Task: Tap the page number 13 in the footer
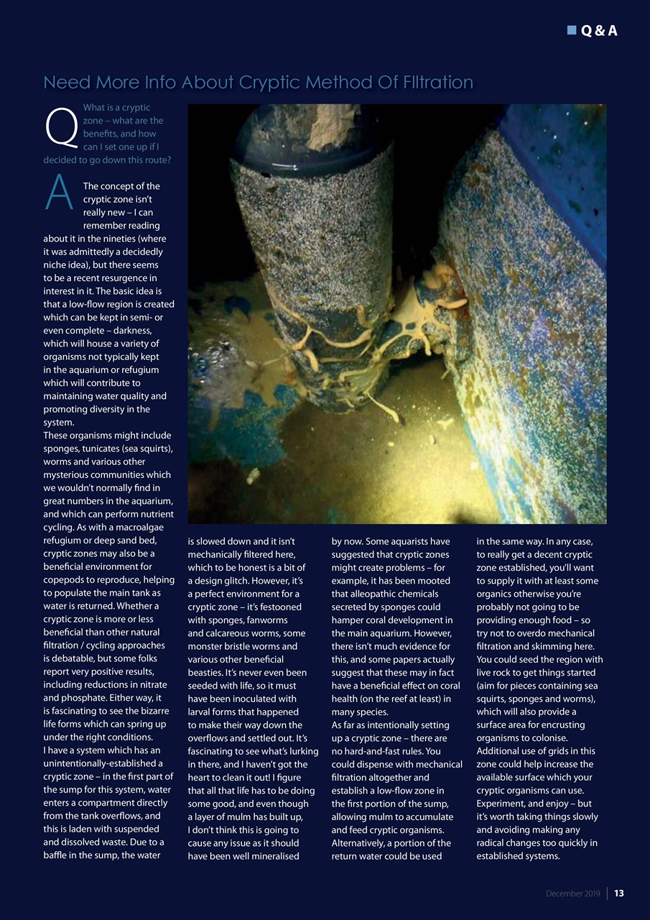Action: pyautogui.click(x=618, y=893)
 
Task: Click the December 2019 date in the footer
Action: pyautogui.click(x=573, y=893)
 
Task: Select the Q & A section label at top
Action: pyautogui.click(x=598, y=30)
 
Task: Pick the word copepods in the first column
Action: pyautogui.click(x=65, y=580)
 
